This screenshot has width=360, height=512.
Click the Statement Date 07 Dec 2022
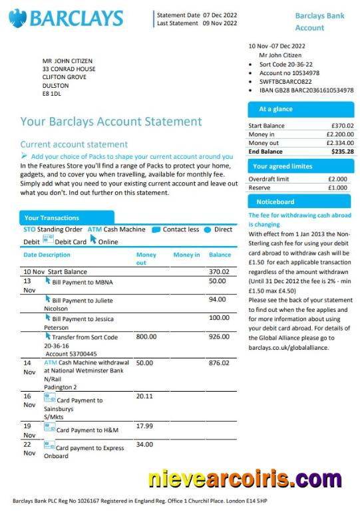point(196,15)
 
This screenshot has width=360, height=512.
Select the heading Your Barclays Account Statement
point(110,122)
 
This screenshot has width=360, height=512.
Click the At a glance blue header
point(299,108)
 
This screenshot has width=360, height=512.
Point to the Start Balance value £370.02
point(343,126)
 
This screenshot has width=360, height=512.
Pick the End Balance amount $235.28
point(343,152)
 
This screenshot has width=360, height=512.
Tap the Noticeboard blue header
point(299,201)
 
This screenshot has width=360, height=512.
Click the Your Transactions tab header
point(67,217)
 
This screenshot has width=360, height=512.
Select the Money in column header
point(186,255)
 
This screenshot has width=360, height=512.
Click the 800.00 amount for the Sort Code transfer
point(146,337)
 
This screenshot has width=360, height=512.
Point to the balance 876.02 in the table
point(219,363)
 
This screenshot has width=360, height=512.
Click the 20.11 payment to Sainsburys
point(144,396)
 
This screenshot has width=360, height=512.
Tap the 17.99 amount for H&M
point(144,426)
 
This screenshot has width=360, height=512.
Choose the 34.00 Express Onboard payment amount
point(144,444)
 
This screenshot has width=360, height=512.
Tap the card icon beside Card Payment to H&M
point(49,427)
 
